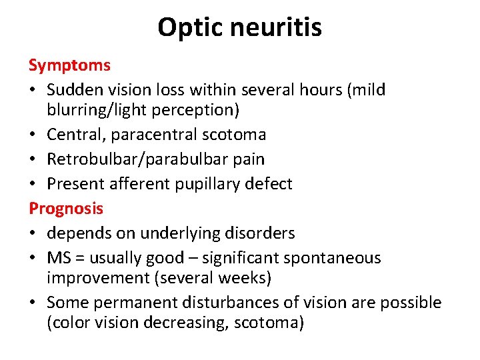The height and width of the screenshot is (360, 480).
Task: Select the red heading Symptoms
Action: point(69,65)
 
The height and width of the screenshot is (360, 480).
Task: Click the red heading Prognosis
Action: point(66,208)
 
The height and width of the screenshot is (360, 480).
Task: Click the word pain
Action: point(249,159)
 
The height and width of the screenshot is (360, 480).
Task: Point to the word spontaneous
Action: point(338,258)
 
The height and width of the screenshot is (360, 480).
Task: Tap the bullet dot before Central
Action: point(33,135)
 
